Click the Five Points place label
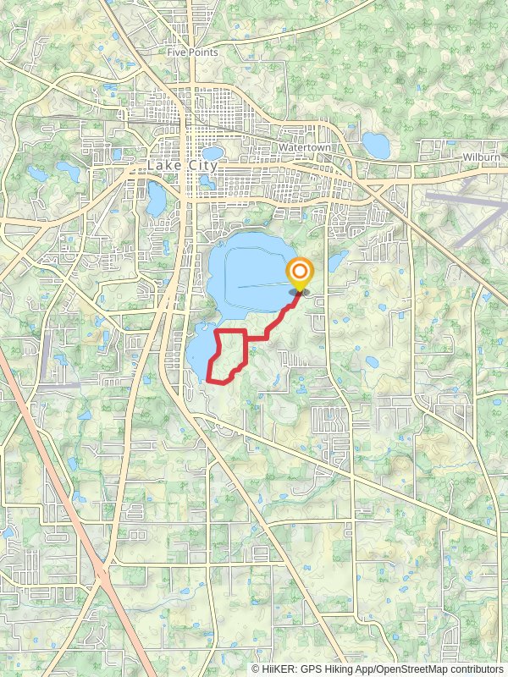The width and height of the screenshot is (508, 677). (x=192, y=52)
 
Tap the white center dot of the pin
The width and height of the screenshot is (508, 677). (x=299, y=272)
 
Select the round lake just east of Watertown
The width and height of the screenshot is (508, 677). (x=376, y=145)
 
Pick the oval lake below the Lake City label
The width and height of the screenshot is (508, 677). (x=157, y=198)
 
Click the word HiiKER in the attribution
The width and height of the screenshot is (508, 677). (x=279, y=669)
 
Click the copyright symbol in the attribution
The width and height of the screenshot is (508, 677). (x=256, y=669)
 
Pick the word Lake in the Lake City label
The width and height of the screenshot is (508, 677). (x=164, y=166)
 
